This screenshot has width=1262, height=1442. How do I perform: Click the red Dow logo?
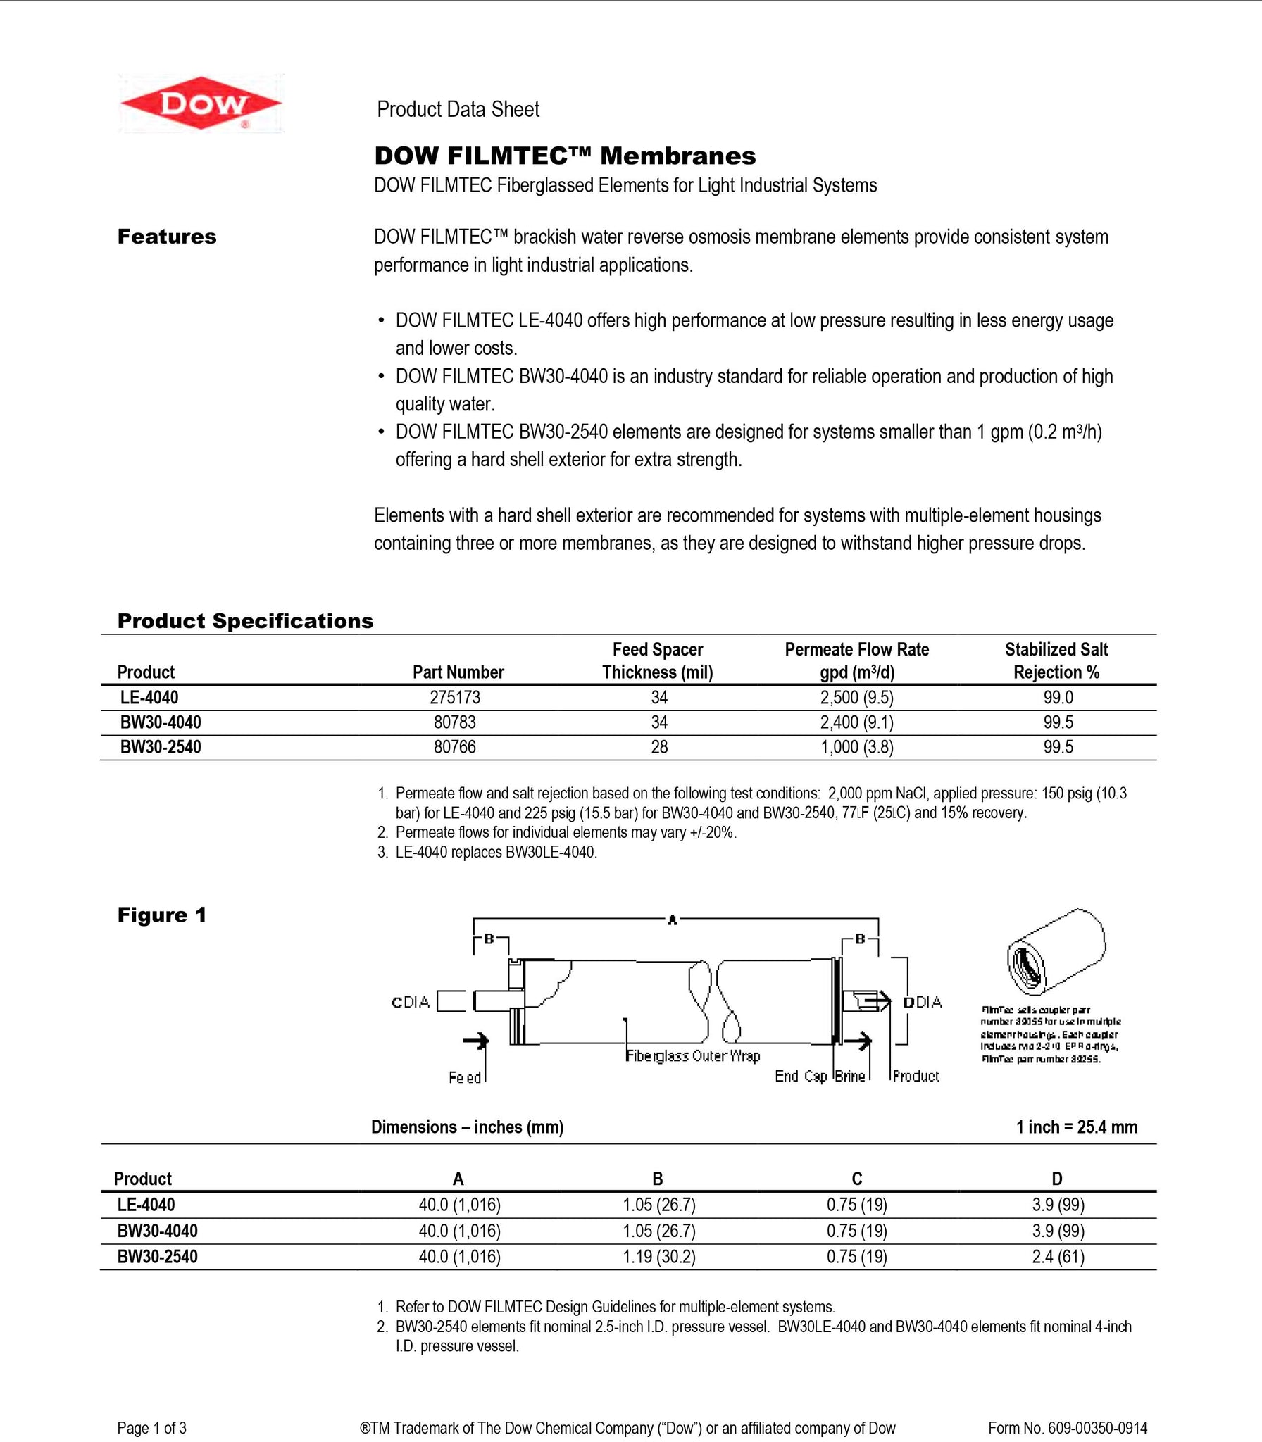coord(201,104)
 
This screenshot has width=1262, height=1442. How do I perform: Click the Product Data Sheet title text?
coord(458,109)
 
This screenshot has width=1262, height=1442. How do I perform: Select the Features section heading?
coord(167,237)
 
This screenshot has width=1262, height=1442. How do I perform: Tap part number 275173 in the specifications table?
coord(455,697)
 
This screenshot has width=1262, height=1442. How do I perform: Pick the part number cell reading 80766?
coord(455,746)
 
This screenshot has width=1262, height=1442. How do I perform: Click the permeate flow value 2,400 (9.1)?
coord(856,722)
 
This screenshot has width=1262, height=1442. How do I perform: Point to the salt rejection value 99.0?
coord(1058,697)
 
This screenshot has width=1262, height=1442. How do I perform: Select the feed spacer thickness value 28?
coord(659,746)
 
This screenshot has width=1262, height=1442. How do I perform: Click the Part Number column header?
coord(458,672)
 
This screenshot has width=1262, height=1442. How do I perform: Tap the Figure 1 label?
coord(162,915)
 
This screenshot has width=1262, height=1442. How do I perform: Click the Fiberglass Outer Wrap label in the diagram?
coord(693,1055)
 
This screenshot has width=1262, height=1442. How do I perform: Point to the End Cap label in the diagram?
coord(800,1076)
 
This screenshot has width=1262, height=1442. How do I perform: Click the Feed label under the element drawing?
coord(464,1077)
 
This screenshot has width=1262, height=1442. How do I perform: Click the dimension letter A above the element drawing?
coord(672,920)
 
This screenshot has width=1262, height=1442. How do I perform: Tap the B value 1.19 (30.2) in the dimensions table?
coord(658,1257)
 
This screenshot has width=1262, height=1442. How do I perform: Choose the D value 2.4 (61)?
coord(1058,1257)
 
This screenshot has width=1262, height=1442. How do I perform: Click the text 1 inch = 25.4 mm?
coord(1076,1127)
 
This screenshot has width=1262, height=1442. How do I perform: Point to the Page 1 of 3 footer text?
coord(151,1428)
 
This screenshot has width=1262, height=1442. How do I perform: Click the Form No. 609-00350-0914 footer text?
coord(1067,1428)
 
